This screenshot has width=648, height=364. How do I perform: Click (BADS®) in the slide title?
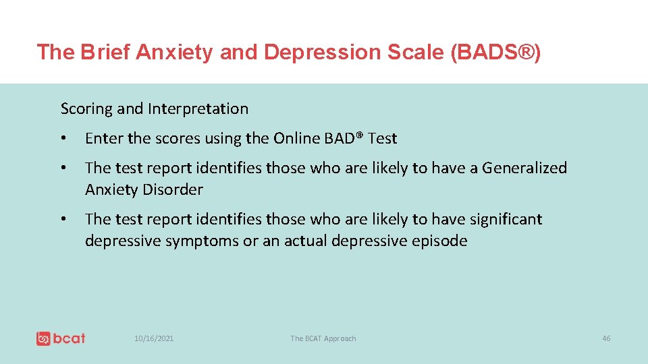pos(495,52)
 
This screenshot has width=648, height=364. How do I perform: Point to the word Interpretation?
pos(198,109)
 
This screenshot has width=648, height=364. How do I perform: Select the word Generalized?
pos(524,169)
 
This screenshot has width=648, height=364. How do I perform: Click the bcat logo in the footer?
pos(61,338)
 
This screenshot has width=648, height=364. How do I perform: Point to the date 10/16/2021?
pos(154,338)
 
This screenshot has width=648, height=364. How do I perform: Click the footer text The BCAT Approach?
pos(323,338)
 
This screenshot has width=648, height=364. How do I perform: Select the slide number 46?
pos(605,338)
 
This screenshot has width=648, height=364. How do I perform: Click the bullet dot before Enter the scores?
pos(63,139)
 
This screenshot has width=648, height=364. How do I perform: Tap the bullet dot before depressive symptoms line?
pos(63,220)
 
